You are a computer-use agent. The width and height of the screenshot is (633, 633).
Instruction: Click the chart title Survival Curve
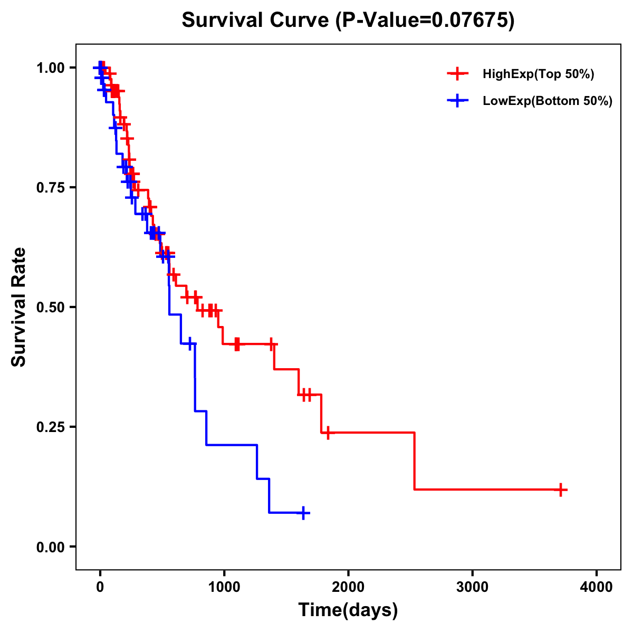pyautogui.click(x=256, y=20)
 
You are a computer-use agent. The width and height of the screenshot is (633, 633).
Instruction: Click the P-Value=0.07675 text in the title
pyautogui.click(x=426, y=20)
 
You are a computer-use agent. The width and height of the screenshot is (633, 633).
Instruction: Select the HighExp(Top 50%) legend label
pyautogui.click(x=538, y=74)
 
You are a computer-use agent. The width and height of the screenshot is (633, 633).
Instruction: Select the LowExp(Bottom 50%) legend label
pyautogui.click(x=548, y=101)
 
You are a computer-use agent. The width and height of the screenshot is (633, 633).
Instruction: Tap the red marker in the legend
pyautogui.click(x=457, y=74)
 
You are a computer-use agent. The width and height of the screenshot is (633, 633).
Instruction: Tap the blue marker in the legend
pyautogui.click(x=457, y=101)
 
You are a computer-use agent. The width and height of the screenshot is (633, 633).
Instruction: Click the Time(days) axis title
pyautogui.click(x=348, y=610)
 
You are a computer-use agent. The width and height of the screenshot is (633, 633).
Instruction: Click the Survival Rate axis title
pyautogui.click(x=19, y=307)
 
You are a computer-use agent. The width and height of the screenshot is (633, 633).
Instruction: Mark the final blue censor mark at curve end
pyautogui.click(x=303, y=513)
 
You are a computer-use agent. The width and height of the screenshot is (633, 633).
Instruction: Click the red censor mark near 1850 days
pyautogui.click(x=328, y=433)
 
